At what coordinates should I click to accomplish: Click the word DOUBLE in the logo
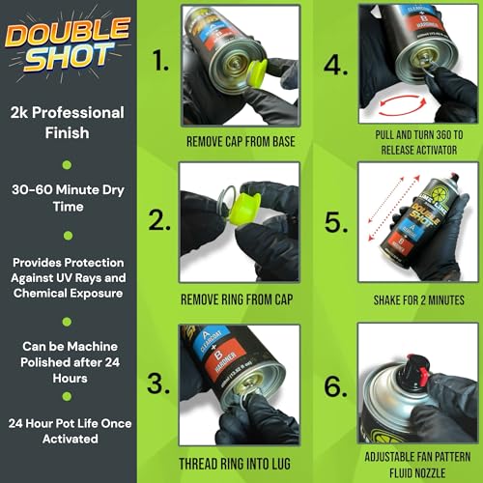pyautogui.click(x=68, y=32)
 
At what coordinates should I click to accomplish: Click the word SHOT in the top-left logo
pyautogui.click(x=70, y=57)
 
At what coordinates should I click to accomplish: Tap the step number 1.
pyautogui.click(x=160, y=60)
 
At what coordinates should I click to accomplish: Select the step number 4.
pyautogui.click(x=336, y=66)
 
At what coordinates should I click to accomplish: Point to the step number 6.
pyautogui.click(x=336, y=386)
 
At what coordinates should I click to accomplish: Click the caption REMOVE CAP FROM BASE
pyautogui.click(x=241, y=142)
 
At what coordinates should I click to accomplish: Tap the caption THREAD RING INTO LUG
pyautogui.click(x=235, y=464)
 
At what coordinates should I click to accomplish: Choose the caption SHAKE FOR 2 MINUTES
pyautogui.click(x=418, y=300)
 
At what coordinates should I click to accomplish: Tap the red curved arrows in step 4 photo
pyautogui.click(x=403, y=104)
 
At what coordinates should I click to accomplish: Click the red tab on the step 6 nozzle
pyautogui.click(x=423, y=375)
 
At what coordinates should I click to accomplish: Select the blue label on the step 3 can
pyautogui.click(x=211, y=341)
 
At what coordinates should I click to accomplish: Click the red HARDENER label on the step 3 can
pyautogui.click(x=225, y=358)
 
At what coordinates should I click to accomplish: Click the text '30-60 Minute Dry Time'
pyautogui.click(x=68, y=198)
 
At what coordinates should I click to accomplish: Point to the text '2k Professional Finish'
pyautogui.click(x=67, y=123)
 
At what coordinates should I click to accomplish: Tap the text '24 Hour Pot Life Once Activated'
pyautogui.click(x=70, y=431)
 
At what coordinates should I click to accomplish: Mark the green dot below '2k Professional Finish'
pyautogui.click(x=67, y=165)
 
